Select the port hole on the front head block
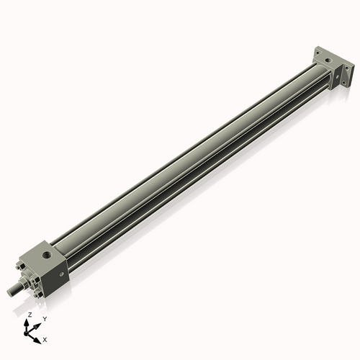[x=48, y=254]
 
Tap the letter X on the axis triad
[x=45, y=338]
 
